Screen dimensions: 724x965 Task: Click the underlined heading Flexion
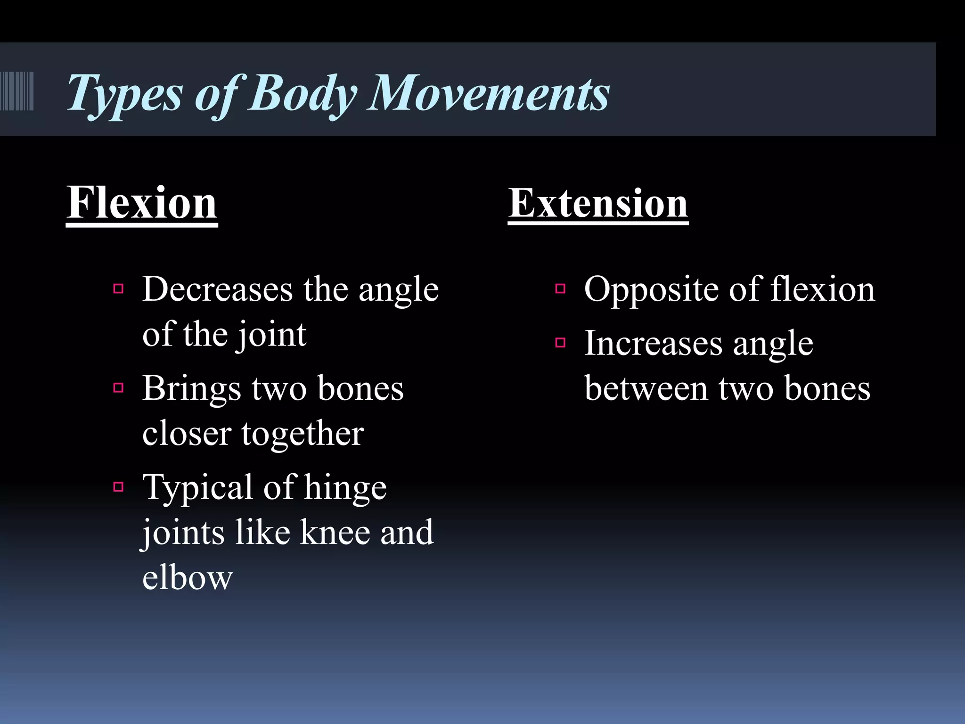click(141, 203)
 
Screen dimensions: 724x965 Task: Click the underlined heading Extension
click(598, 203)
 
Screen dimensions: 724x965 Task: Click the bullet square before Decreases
click(118, 288)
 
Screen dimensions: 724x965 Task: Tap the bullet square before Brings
click(118, 388)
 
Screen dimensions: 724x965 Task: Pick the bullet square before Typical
click(118, 486)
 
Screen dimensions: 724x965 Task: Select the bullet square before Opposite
click(560, 288)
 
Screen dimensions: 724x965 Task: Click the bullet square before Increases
click(560, 343)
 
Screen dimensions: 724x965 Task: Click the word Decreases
click(217, 289)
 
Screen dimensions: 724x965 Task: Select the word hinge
click(345, 488)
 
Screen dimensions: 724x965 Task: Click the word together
click(303, 434)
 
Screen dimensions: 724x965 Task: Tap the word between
click(646, 389)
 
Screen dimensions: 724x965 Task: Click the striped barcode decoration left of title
click(17, 91)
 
